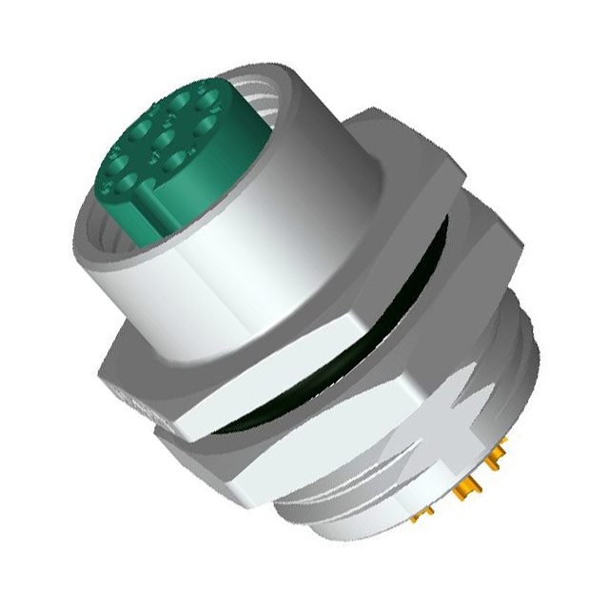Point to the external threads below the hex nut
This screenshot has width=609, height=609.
click(314, 495)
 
